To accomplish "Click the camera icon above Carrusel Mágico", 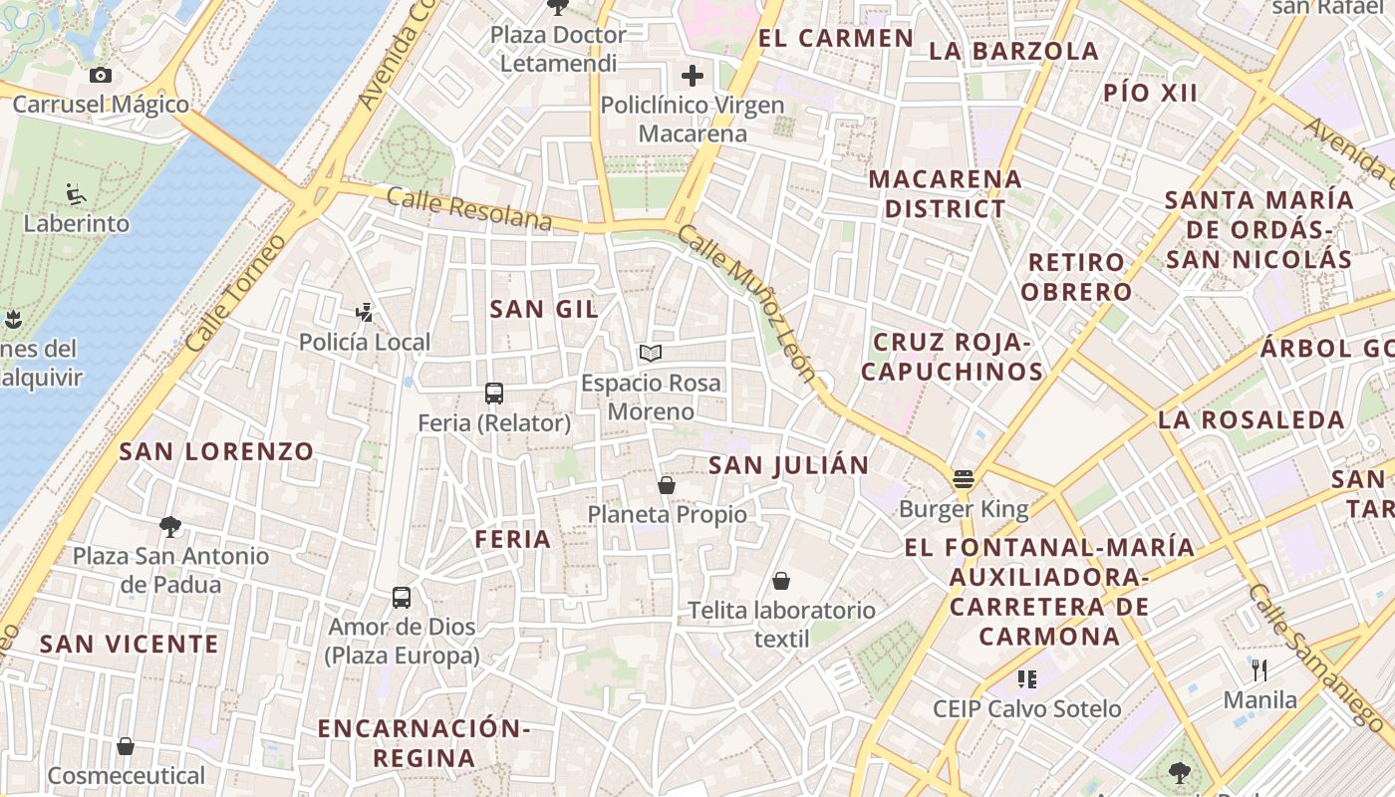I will (100, 75).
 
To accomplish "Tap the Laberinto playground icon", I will (76, 193).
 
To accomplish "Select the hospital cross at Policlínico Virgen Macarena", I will (693, 75).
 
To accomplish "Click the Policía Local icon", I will (365, 313).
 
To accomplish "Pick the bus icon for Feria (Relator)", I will (494, 393).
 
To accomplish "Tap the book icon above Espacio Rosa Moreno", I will (650, 353).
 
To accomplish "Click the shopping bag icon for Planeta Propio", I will (667, 485).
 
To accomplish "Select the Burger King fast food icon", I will (963, 479).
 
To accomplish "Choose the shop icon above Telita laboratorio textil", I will (781, 581).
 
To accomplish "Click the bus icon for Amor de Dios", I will (402, 598).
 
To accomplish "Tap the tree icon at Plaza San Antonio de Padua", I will (170, 526).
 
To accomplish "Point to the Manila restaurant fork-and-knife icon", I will (1259, 670).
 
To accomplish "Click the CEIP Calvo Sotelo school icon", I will (1026, 679).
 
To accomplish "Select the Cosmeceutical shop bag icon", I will (126, 746).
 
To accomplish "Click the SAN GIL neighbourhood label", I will (544, 310).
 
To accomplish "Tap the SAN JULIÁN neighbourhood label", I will (788, 465).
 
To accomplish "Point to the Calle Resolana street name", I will (468, 207).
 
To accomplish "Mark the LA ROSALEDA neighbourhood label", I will (1251, 419).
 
